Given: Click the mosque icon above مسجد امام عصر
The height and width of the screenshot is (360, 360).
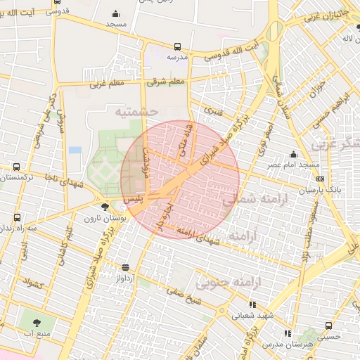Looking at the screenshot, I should [293, 154].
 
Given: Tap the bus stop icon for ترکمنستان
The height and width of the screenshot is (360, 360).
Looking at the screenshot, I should [16, 167].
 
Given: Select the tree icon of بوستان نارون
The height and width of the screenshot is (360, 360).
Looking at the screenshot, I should [105, 206].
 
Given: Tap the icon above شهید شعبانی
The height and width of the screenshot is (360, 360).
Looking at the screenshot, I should [252, 305].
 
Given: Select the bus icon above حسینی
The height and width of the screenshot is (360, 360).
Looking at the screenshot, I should [328, 325].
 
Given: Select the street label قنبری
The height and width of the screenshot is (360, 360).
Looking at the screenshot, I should [212, 110].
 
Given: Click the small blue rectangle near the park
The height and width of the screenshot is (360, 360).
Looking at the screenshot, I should [75, 150].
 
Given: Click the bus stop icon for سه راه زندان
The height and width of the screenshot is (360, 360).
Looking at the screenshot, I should [16, 218].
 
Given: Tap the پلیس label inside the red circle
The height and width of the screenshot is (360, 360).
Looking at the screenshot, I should [134, 200].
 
